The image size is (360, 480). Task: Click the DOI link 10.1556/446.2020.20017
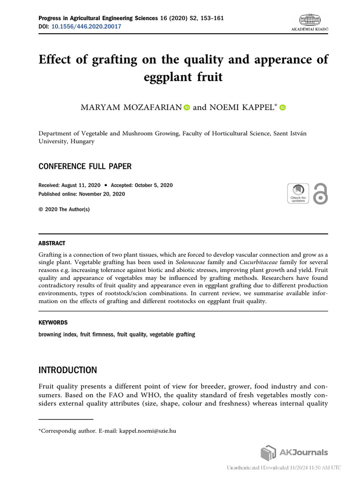pyautogui.click(x=86, y=27)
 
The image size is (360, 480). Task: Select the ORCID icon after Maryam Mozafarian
pyautogui.click(x=187, y=107)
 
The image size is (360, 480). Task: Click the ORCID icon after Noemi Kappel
pyautogui.click(x=282, y=107)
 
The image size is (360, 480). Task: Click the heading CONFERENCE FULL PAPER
pyautogui.click(x=84, y=166)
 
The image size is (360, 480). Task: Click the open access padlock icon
pyautogui.click(x=320, y=193)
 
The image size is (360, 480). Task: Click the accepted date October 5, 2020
pyautogui.click(x=153, y=185)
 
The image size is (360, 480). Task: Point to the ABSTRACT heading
pyautogui.click(x=52, y=243)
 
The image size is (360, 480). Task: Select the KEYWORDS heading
pyautogui.click(x=52, y=322)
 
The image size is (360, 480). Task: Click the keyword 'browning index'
pyautogui.click(x=57, y=335)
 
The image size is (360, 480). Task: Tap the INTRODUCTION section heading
pyautogui.click(x=67, y=370)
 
